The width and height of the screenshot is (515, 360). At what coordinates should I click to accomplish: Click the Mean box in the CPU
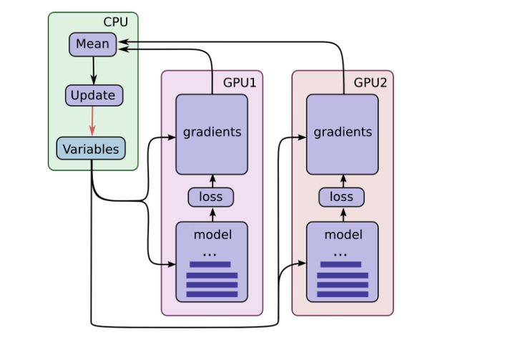pos(92,44)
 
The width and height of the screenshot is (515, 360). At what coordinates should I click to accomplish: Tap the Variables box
pos(91,149)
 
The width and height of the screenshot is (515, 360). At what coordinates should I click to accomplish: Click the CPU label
pos(116,22)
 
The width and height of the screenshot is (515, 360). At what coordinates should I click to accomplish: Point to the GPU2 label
pos(371,82)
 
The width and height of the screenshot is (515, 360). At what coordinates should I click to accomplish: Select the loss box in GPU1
pos(211,196)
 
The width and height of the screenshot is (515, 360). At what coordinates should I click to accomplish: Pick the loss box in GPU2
pos(342,196)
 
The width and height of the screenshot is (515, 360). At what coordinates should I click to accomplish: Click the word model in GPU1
pos(212,235)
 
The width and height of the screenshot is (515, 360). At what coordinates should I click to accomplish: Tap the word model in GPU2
pos(343,235)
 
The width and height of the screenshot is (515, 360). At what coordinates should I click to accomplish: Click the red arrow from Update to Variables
pos(92,121)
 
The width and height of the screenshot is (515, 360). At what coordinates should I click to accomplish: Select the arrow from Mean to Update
pos(93,70)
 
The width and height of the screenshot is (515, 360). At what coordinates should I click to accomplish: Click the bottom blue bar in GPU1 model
pos(212,294)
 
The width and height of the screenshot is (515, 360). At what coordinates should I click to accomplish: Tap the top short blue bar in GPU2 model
pos(340,264)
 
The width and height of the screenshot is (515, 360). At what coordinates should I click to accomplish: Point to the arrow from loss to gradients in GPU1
pos(212,180)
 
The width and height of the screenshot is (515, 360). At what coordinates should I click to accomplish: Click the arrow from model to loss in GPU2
pos(343,214)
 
